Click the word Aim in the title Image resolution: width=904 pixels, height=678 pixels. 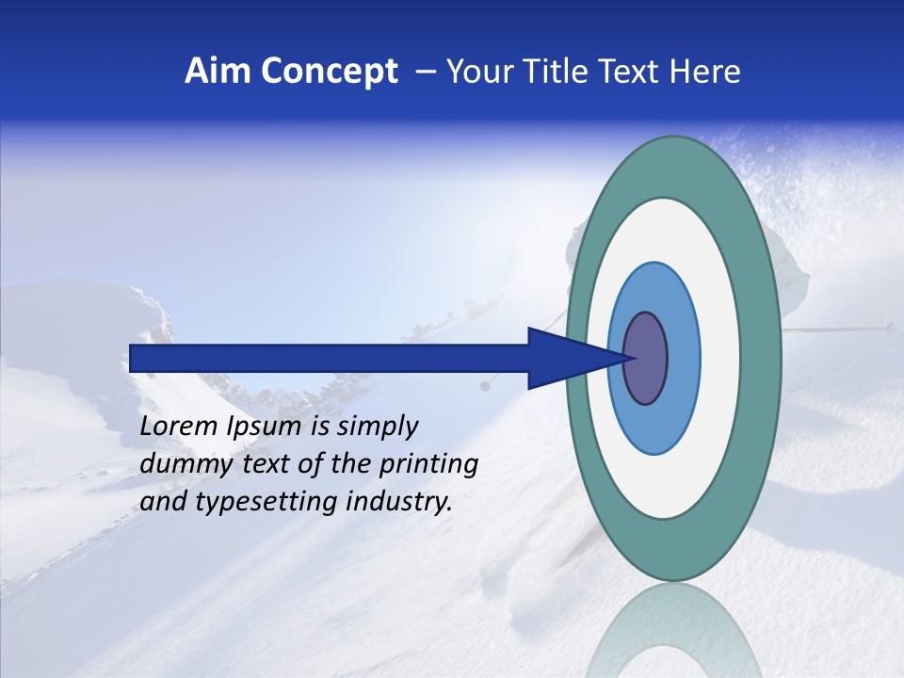[216, 72]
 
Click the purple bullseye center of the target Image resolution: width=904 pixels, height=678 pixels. [646, 358]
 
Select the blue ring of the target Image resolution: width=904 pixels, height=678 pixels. [682, 358]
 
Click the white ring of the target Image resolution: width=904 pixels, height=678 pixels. [720, 358]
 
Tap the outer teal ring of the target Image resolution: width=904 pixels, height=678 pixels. [761, 358]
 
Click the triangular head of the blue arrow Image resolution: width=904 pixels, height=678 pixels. [565, 358]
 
